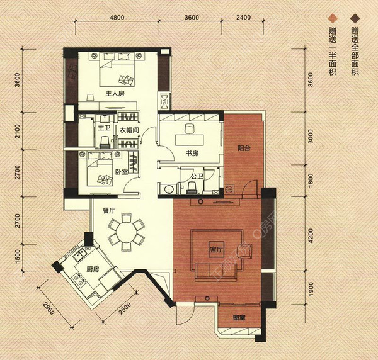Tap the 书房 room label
(193, 153)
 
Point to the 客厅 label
(217, 250)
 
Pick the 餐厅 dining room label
(101, 212)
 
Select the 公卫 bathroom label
(195, 177)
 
